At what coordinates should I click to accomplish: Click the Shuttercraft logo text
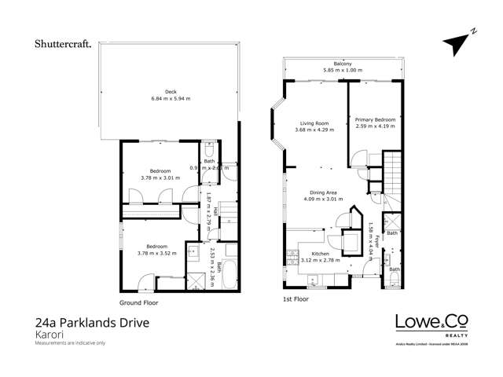(x=63, y=44)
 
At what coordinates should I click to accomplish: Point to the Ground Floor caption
(x=140, y=302)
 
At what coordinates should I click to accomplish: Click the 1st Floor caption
(x=296, y=299)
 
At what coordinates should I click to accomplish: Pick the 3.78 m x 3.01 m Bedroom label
(x=161, y=174)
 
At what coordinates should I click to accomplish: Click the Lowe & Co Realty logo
(x=433, y=324)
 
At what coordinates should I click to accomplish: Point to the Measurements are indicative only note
(x=70, y=343)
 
